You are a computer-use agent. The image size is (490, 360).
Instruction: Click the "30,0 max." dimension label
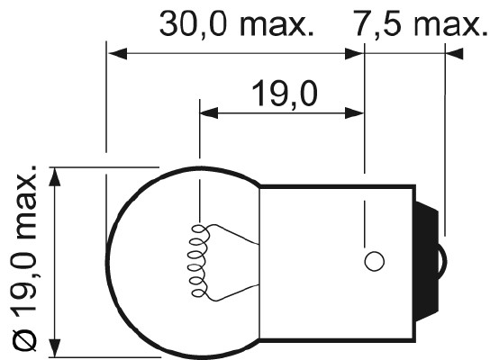[x=236, y=24]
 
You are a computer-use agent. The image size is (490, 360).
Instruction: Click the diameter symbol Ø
[x=25, y=341]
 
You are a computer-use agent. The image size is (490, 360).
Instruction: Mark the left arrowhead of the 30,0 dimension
[x=115, y=54]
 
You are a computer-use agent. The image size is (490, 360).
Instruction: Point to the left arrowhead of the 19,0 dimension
[x=208, y=113]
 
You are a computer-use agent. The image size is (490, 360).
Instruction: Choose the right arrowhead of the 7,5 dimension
[x=438, y=54]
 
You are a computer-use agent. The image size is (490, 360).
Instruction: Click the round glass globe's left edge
[x=107, y=261]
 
